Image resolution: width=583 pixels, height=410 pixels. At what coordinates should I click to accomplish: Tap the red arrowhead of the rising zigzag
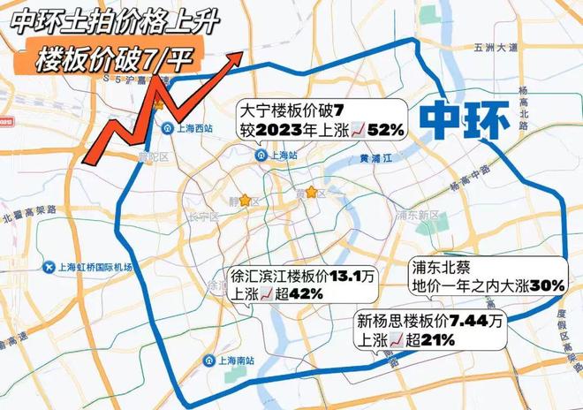[236, 57]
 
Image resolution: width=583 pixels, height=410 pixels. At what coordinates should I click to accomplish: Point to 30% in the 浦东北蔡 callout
[545, 285]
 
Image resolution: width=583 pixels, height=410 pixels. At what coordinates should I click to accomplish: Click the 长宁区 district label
[202, 216]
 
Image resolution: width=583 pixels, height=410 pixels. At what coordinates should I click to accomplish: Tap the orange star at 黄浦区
[311, 191]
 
